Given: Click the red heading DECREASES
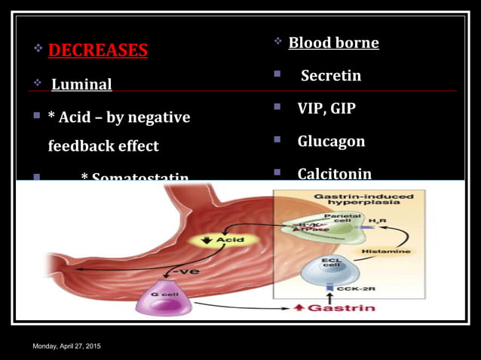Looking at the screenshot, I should [98, 50].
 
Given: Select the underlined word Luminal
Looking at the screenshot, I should [81, 84].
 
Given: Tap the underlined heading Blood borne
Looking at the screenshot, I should [333, 42].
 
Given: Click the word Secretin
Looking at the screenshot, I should [330, 75].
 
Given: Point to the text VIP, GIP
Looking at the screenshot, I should [326, 108].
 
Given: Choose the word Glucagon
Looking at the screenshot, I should [331, 141].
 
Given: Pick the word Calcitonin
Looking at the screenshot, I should [334, 174].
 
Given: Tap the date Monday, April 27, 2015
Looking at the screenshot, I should [66, 346].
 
